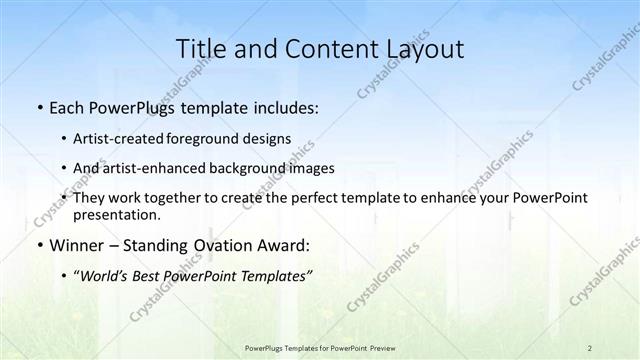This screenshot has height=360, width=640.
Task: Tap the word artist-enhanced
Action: [x=169, y=168]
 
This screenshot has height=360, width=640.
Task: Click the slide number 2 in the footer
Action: [x=590, y=348]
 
